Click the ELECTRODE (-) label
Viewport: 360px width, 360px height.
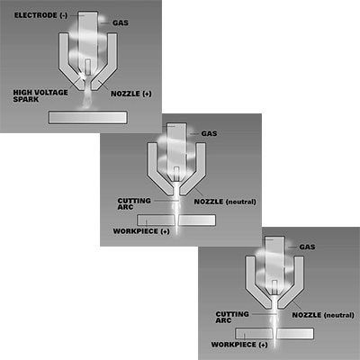click(40, 15)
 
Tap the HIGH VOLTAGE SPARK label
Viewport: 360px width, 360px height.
click(40, 95)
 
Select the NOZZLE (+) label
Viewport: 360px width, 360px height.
click(131, 94)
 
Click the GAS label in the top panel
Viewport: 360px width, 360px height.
click(121, 22)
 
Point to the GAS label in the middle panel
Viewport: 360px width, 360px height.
click(209, 133)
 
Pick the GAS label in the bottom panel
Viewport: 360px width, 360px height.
click(307, 247)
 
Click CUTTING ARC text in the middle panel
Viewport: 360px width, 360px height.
click(134, 203)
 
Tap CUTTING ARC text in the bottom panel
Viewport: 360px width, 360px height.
click(232, 317)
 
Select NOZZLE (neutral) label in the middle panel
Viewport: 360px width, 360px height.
click(225, 202)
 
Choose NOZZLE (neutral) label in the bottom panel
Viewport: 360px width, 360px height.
click(323, 315)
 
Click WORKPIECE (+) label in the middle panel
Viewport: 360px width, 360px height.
click(141, 231)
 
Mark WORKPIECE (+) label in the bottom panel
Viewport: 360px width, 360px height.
click(239, 345)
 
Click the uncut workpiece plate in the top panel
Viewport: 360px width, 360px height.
click(87, 117)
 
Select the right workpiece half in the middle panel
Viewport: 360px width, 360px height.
click(197, 220)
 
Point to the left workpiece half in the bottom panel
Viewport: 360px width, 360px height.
click(254, 334)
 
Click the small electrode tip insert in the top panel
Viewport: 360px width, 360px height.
click(87, 67)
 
